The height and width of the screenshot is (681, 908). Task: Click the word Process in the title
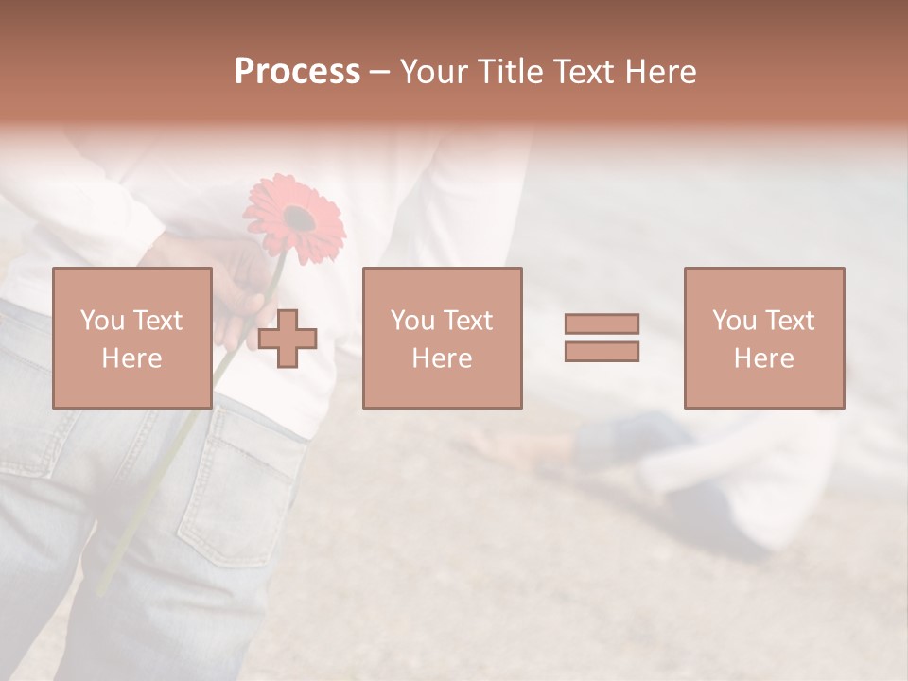click(x=297, y=71)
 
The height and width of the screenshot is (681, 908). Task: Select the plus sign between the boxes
click(x=288, y=339)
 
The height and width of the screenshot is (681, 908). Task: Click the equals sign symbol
click(x=602, y=338)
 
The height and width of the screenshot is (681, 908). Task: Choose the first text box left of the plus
click(x=131, y=338)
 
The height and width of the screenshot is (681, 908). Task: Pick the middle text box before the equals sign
click(x=442, y=338)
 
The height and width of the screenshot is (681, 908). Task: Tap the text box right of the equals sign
click(x=763, y=338)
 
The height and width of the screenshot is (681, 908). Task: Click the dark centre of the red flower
click(x=299, y=219)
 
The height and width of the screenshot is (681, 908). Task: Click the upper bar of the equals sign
click(x=602, y=324)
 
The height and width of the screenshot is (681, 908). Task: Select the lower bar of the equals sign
click(x=602, y=351)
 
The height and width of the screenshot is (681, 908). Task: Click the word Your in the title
click(x=435, y=71)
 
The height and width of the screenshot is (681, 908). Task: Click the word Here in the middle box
click(x=442, y=358)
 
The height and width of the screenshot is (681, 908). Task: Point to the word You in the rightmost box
click(x=735, y=321)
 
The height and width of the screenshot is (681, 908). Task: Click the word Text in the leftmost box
click(x=158, y=321)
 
